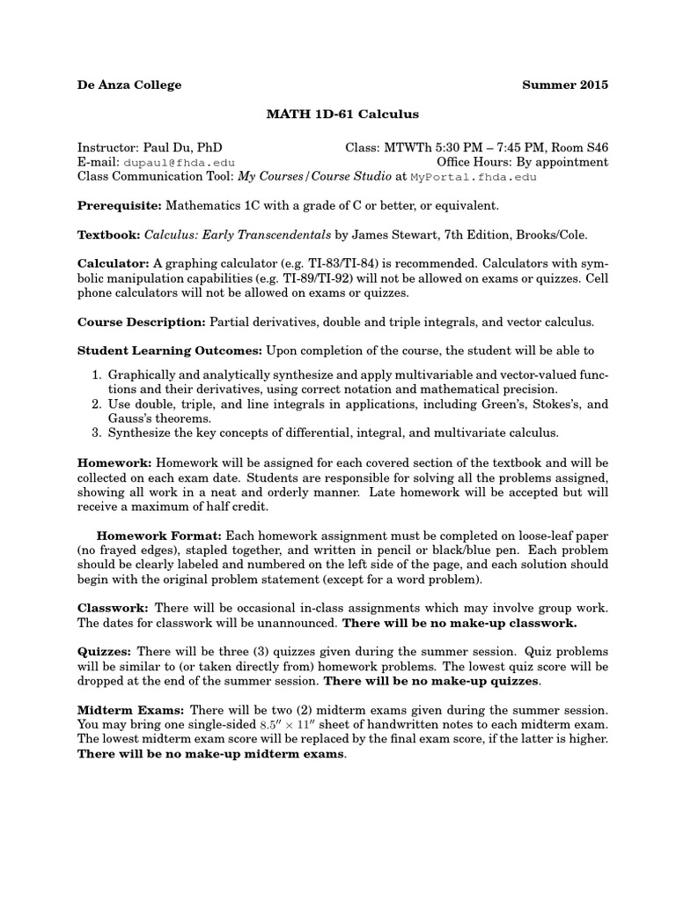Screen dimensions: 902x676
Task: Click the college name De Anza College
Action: [x=129, y=85]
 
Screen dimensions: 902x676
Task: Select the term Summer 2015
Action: [x=564, y=85]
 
